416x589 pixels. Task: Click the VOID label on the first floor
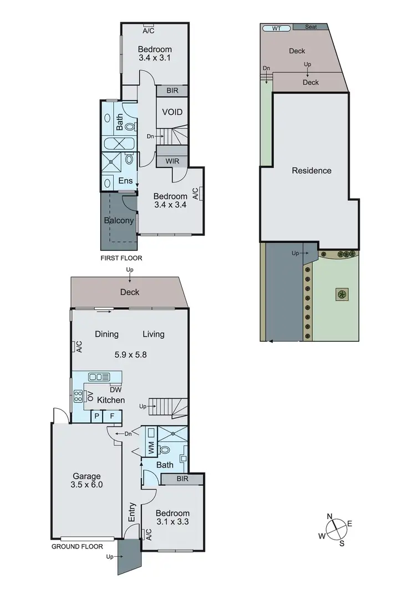(x=173, y=112)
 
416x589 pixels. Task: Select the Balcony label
(x=119, y=221)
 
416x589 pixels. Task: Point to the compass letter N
(x=329, y=517)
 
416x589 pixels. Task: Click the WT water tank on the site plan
(x=276, y=28)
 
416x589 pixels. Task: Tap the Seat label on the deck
(x=311, y=27)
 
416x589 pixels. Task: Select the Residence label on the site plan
(x=312, y=171)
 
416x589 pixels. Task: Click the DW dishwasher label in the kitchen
(x=115, y=389)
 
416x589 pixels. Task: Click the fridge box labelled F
(x=112, y=416)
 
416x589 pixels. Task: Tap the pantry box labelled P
(x=97, y=416)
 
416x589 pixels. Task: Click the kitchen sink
(x=99, y=377)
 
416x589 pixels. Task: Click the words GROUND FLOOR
(x=77, y=546)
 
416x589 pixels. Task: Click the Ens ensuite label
(x=125, y=181)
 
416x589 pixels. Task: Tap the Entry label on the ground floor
(x=132, y=515)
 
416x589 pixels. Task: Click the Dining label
(x=106, y=334)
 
